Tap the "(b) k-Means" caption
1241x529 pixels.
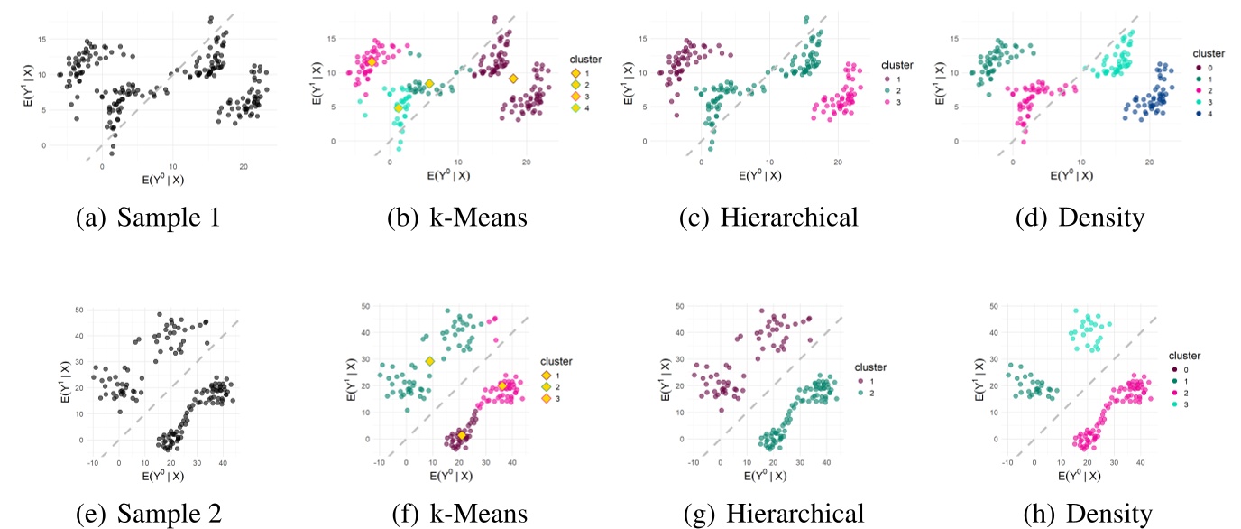(461, 219)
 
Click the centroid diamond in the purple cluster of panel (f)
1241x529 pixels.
(462, 435)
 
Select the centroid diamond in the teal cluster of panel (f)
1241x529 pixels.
(430, 361)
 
